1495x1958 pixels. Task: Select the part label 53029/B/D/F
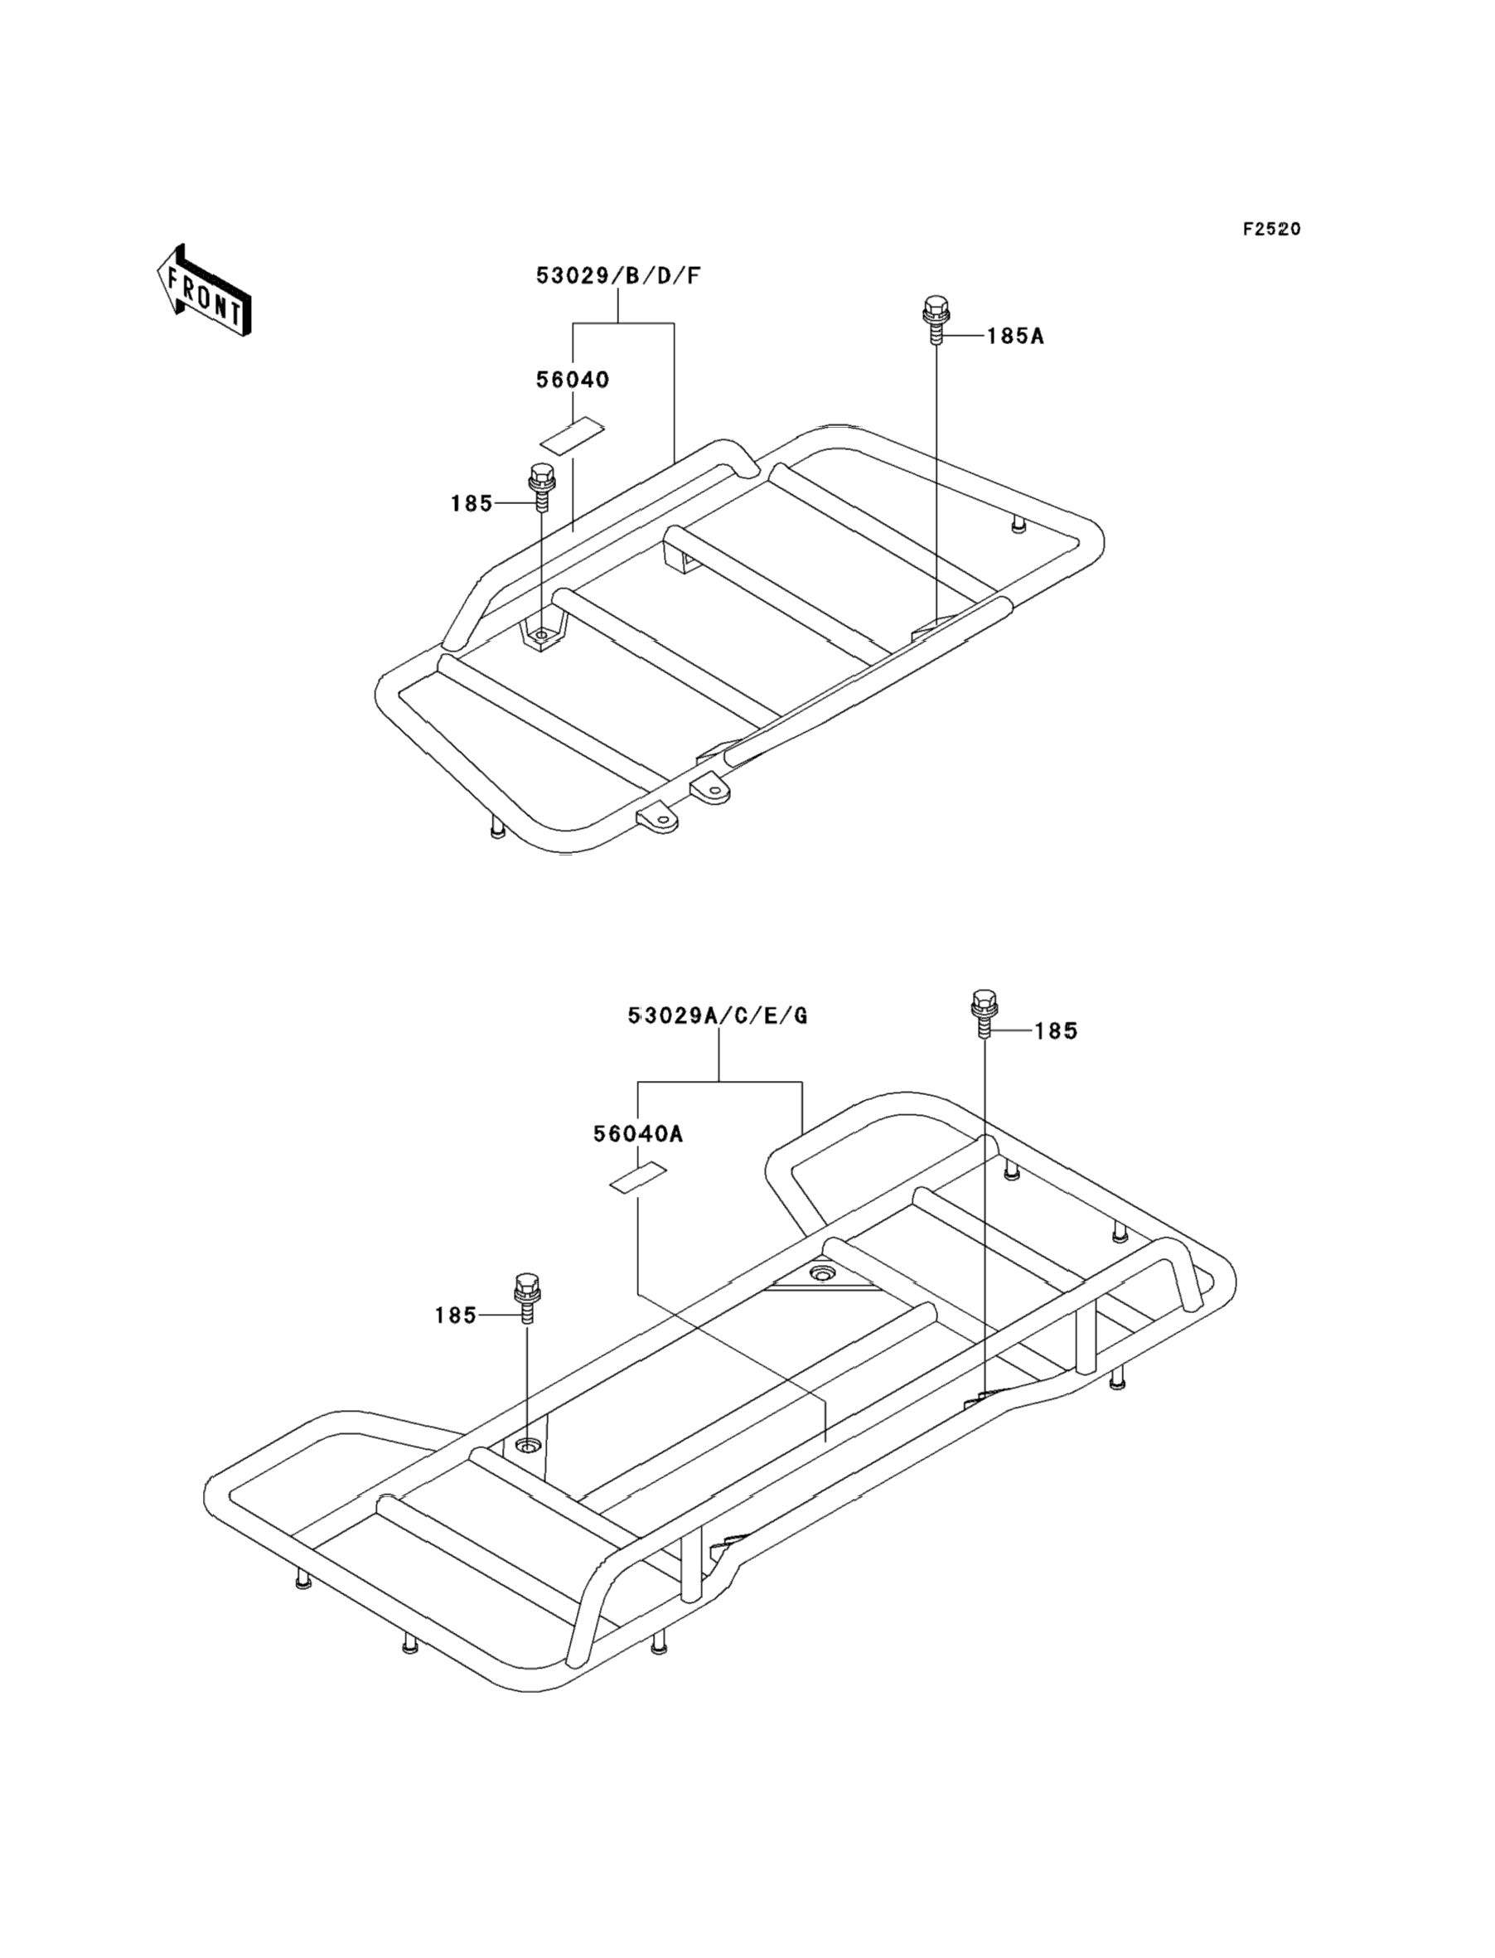(x=617, y=276)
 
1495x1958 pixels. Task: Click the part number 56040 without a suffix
(x=572, y=380)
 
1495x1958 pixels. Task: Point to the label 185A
(x=1014, y=337)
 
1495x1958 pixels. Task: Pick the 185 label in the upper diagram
(x=471, y=504)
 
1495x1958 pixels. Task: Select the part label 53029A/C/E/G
(x=717, y=1015)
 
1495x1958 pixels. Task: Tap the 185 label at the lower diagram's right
(x=1056, y=1030)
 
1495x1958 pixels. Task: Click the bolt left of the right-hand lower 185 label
(x=984, y=1013)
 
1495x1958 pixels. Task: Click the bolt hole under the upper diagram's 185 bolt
(x=541, y=635)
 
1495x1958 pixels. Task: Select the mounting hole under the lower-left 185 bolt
(x=529, y=1443)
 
